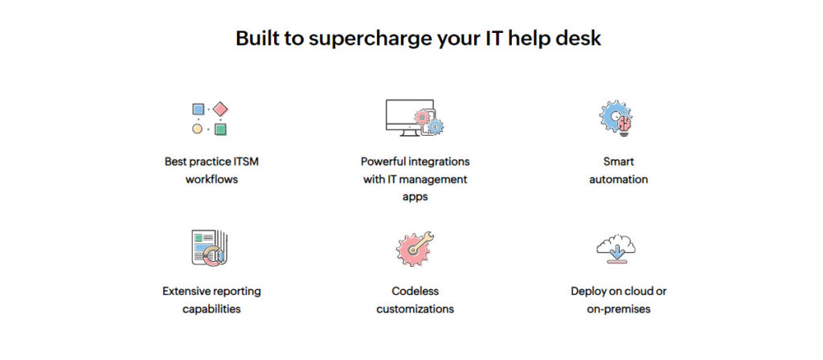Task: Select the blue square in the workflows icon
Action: click(x=198, y=109)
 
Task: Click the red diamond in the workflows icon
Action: click(x=220, y=109)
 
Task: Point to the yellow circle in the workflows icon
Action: click(x=198, y=129)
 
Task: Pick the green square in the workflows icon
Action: click(x=220, y=129)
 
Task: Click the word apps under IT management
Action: click(x=415, y=198)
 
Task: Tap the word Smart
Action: click(x=618, y=161)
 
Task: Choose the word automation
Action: click(x=618, y=179)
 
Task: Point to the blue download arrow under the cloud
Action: click(x=617, y=249)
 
